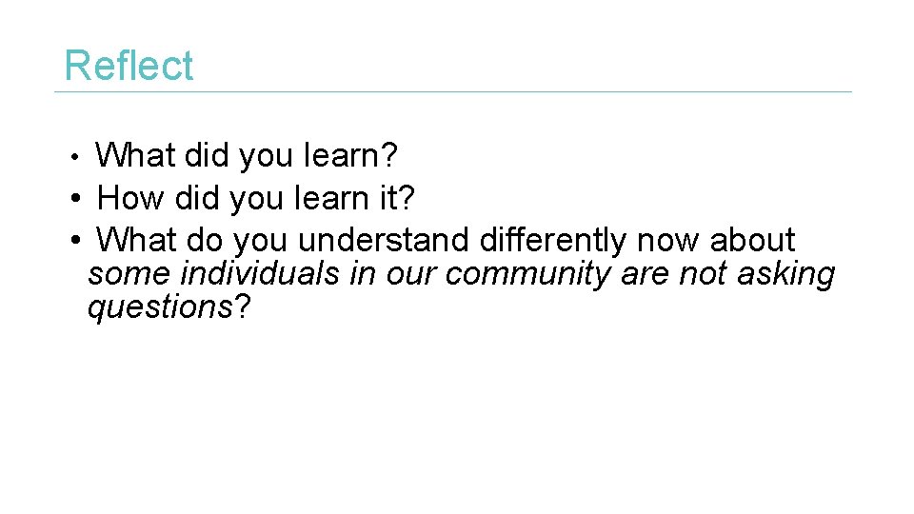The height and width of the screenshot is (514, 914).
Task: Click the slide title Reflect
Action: click(128, 66)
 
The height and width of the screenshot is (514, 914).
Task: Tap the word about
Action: click(752, 240)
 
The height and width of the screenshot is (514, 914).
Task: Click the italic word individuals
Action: click(260, 274)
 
